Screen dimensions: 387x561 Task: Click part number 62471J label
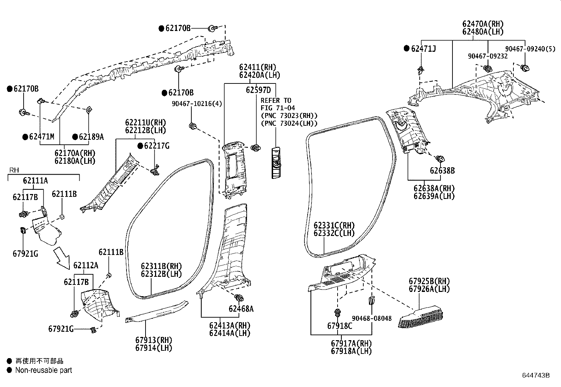(423, 49)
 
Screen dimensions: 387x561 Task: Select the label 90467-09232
(488, 56)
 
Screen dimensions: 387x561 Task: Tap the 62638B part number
(442, 171)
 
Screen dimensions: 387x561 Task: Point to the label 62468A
(241, 309)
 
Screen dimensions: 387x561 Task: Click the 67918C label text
(339, 326)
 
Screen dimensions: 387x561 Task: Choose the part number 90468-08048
(372, 318)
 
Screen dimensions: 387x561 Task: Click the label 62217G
(156, 146)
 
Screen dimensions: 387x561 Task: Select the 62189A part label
(91, 137)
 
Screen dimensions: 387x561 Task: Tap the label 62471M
(42, 137)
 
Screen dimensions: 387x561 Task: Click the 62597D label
(258, 90)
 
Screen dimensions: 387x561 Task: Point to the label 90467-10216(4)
(197, 104)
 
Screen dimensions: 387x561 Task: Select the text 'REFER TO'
(276, 100)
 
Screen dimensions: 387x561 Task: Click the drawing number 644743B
(536, 375)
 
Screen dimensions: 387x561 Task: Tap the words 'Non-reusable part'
(43, 370)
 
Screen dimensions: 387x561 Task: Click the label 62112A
(86, 265)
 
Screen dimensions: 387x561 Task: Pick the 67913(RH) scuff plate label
(154, 340)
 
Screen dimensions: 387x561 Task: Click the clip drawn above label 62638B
(440, 159)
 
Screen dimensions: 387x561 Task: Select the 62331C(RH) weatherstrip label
(334, 225)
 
